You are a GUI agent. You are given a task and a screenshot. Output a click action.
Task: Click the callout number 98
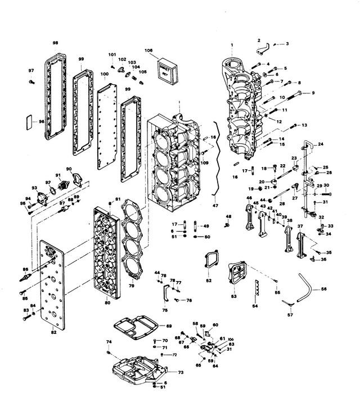(55, 42)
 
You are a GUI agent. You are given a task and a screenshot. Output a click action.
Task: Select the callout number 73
(180, 373)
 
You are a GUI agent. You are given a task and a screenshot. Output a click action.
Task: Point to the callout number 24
(321, 144)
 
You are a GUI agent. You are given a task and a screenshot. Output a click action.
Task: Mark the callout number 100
(105, 74)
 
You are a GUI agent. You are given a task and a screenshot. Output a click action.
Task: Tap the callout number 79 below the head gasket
(132, 285)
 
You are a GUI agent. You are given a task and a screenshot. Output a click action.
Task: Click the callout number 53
(234, 295)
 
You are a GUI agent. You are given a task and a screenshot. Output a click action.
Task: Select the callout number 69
(169, 326)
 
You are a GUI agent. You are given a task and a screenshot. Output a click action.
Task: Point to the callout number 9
(313, 93)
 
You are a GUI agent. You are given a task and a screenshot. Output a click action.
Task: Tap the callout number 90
(69, 169)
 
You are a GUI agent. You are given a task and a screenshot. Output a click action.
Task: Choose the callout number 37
(300, 226)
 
